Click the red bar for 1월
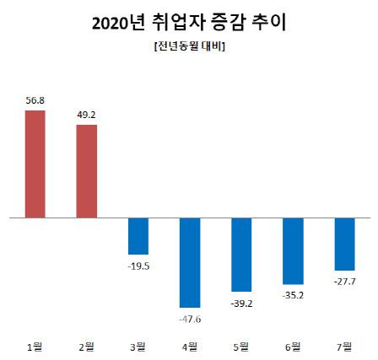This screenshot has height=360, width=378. (35, 164)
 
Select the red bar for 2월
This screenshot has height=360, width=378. (87, 171)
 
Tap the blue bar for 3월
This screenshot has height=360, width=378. (138, 236)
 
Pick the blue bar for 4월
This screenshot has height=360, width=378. (190, 262)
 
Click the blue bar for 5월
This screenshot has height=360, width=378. (241, 255)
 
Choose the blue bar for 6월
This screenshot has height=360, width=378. (293, 251)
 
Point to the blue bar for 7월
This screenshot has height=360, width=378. (344, 244)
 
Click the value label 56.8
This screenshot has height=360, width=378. (35, 101)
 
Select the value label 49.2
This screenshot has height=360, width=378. (87, 116)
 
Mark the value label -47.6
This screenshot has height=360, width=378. (190, 318)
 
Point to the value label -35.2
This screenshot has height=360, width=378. (293, 294)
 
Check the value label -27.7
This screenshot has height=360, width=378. (344, 280)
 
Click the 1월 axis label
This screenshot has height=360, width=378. (35, 346)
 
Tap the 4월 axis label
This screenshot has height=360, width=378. (190, 346)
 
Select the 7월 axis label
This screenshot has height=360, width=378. (344, 346)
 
